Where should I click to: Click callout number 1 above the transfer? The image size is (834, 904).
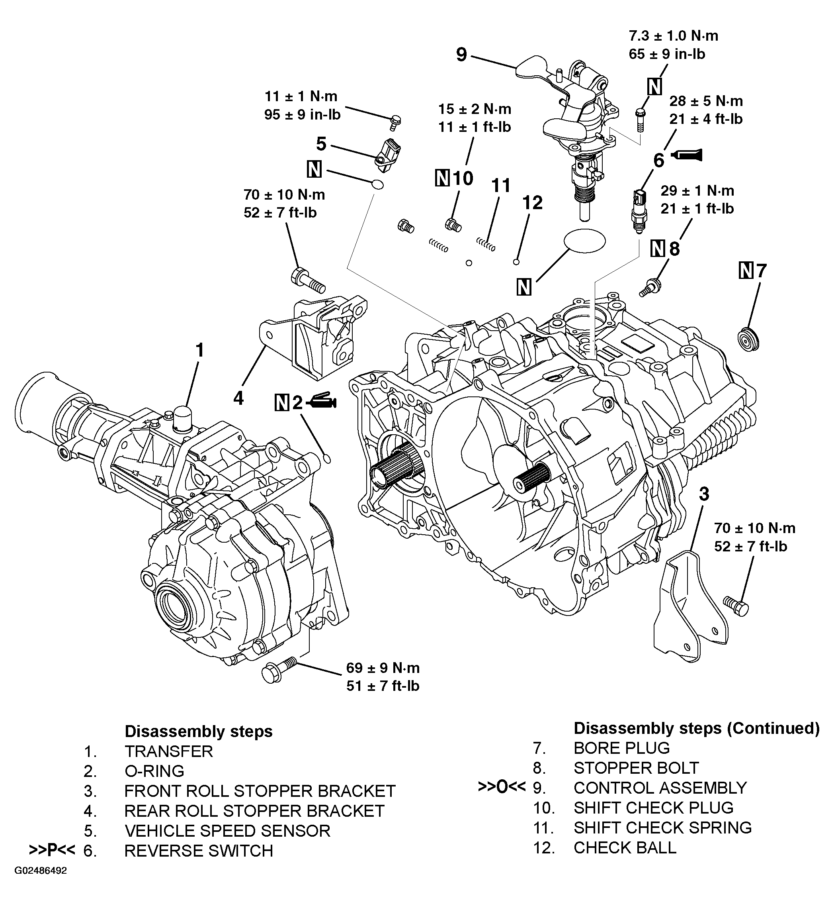199,350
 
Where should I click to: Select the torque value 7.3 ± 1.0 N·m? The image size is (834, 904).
673,36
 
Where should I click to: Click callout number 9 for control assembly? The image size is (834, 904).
461,55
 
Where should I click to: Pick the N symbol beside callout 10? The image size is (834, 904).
442,178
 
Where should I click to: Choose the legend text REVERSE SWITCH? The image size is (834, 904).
199,851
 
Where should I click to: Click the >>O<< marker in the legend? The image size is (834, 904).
501,787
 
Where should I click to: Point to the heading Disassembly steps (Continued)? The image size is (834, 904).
696,728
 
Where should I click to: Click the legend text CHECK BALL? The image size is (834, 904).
625,847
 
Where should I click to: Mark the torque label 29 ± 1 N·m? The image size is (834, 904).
697,190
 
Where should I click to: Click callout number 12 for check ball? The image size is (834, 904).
532,203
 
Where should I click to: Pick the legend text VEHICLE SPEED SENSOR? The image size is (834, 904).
227,831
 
